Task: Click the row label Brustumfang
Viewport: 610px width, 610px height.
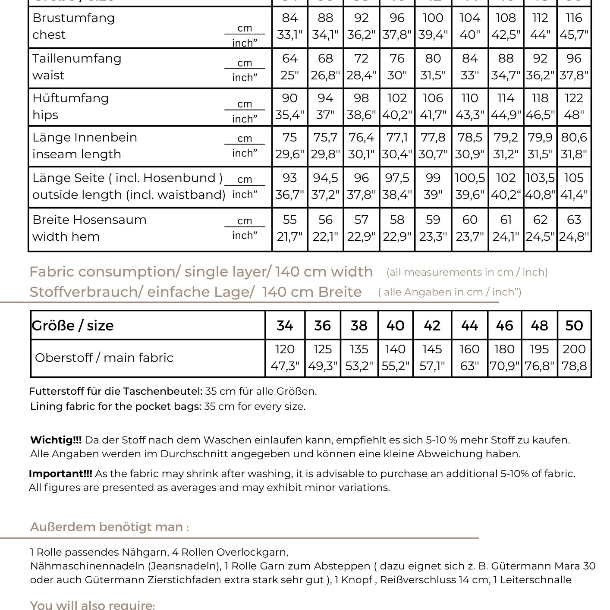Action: pyautogui.click(x=73, y=18)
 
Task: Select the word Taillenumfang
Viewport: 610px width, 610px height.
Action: pyautogui.click(x=77, y=59)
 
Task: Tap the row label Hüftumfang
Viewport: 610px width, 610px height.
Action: pyautogui.click(x=70, y=98)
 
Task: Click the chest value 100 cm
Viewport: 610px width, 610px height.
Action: pyautogui.click(x=433, y=18)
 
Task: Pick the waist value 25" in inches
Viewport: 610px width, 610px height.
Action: pyautogui.click(x=289, y=75)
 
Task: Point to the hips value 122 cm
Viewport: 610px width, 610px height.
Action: pyautogui.click(x=574, y=98)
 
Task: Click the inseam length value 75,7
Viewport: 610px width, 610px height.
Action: pyautogui.click(x=325, y=138)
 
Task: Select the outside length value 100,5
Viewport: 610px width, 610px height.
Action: pyautogui.click(x=469, y=178)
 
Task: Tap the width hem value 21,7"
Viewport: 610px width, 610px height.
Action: pyautogui.click(x=289, y=237)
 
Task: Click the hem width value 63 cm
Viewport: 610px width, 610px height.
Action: pyautogui.click(x=574, y=220)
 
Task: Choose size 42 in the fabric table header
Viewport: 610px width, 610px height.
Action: pyautogui.click(x=432, y=326)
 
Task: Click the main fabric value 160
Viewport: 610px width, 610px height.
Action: pyautogui.click(x=469, y=349)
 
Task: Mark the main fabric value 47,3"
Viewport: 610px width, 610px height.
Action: pyautogui.click(x=285, y=366)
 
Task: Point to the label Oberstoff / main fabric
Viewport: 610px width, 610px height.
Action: pyautogui.click(x=104, y=358)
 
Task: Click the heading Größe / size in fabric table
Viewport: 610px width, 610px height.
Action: pyautogui.click(x=72, y=326)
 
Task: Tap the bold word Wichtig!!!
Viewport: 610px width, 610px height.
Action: pyautogui.click(x=56, y=440)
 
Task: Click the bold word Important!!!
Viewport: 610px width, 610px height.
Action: pyautogui.click(x=60, y=474)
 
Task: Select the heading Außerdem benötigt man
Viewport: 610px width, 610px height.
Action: pyautogui.click(x=109, y=527)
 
